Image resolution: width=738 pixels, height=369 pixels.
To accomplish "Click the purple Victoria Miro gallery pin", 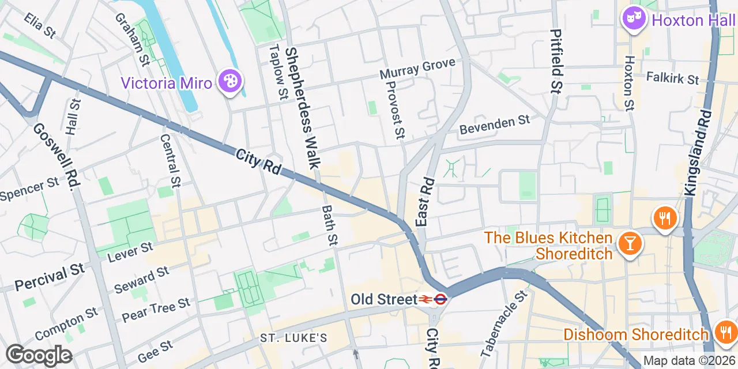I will [x=230, y=81].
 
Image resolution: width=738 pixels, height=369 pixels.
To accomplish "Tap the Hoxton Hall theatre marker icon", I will [x=633, y=19].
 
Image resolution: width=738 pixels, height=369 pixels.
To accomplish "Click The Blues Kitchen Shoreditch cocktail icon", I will [x=630, y=244].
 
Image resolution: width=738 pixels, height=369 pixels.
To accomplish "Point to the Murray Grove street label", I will [x=417, y=69].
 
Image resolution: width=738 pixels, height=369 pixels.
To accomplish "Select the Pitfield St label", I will [x=556, y=61].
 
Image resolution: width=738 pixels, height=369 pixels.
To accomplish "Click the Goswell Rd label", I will [x=55, y=156].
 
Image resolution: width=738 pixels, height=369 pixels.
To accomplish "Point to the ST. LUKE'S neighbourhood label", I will [x=293, y=338].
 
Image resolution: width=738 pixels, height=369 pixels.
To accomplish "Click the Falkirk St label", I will [x=672, y=77].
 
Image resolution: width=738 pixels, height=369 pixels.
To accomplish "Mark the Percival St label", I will [x=50, y=277].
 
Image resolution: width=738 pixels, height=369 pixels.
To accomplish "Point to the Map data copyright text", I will [x=689, y=361].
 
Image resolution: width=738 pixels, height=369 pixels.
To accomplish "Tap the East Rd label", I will [x=424, y=202].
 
